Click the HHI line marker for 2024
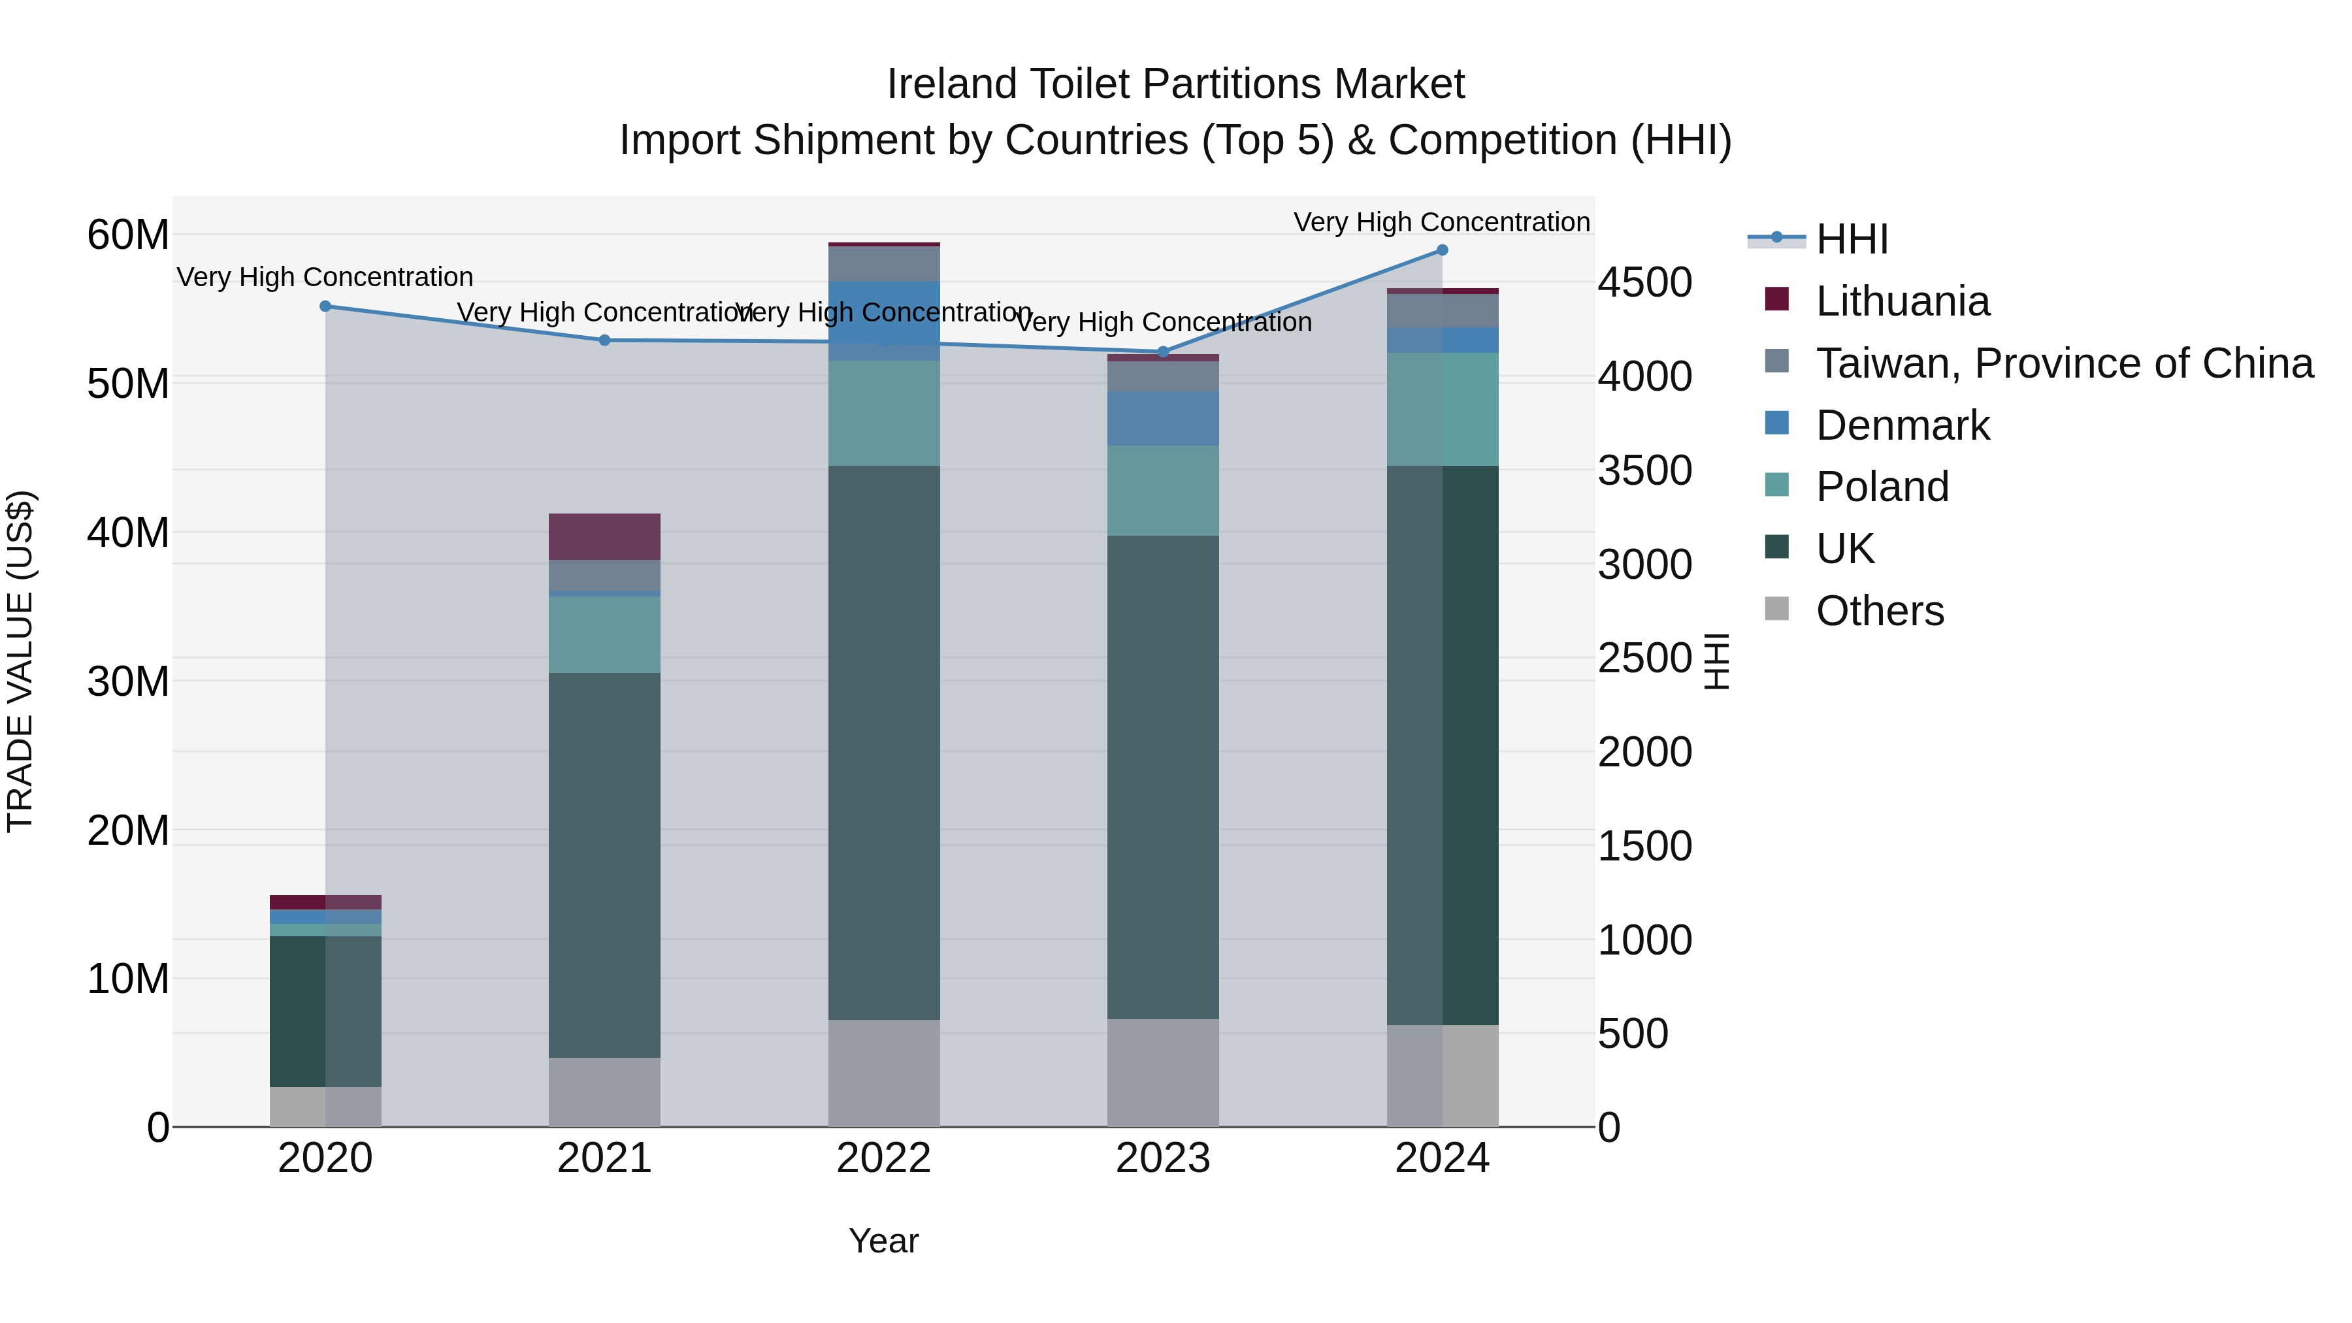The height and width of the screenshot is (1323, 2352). click(1442, 250)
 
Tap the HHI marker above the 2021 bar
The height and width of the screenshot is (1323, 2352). click(604, 340)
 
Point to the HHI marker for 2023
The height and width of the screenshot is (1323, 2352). click(1162, 352)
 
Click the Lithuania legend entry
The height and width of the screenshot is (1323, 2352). click(1902, 301)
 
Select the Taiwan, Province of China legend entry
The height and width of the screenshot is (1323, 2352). click(2063, 363)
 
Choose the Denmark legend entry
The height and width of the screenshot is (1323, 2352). click(1902, 425)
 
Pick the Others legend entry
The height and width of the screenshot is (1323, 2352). click(1879, 611)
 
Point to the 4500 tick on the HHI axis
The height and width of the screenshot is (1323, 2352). click(1644, 282)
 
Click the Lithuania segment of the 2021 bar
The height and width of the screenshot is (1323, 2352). click(604, 537)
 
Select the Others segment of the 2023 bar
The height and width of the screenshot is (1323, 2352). click(1162, 1072)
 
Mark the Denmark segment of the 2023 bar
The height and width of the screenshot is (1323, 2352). click(1162, 418)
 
